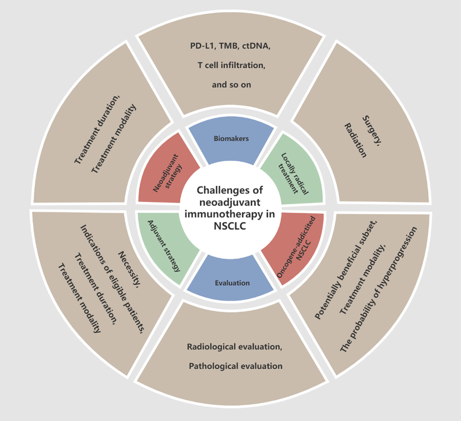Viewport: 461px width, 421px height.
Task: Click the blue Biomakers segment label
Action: [231, 138]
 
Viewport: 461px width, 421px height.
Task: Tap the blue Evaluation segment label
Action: [232, 283]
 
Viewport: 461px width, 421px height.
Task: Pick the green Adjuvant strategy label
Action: [164, 246]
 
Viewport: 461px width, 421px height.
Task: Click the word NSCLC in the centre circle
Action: [230, 226]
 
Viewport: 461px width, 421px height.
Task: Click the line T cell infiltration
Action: [231, 65]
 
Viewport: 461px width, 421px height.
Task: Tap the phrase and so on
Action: [231, 85]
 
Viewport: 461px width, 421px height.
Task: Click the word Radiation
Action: [355, 140]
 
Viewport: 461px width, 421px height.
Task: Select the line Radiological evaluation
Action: [234, 347]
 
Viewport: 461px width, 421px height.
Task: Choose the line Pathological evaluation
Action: [236, 366]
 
